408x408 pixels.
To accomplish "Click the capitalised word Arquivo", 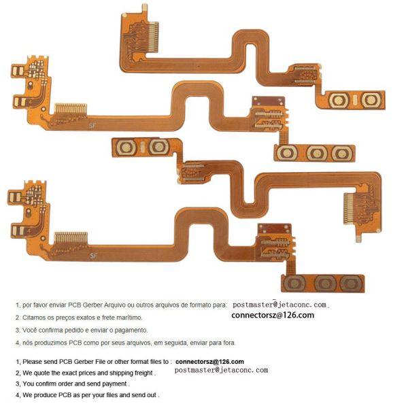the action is pos(114,305).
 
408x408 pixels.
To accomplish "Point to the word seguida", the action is pos(178,343).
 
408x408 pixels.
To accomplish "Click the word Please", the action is pos(32,362).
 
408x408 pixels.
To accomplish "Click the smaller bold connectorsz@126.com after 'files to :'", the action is pos(209,362).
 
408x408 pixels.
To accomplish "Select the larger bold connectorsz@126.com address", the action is pos(273,316).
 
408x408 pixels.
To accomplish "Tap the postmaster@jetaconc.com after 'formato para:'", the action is pos(279,305).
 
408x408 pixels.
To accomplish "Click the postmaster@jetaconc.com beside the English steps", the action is pos(221,370).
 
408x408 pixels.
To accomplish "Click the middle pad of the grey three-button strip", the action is pos(325,283).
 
